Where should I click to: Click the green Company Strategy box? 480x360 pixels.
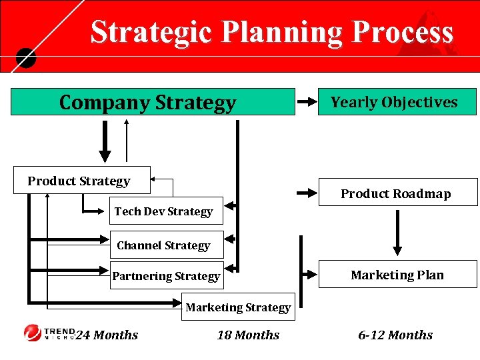pos(152,102)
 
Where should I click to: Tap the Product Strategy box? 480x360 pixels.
pos(81,180)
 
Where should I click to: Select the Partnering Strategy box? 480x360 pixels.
pos(167,275)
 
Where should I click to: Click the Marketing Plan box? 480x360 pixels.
pos(397,275)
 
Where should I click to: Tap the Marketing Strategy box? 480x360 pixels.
pos(238,307)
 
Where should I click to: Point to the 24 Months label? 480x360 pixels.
pos(107,335)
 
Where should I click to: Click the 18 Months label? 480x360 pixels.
pos(248,335)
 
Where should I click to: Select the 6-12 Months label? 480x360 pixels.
pos(395,335)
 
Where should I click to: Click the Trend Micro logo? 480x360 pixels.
pos(47,333)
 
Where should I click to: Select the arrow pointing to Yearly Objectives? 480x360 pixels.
pos(307,102)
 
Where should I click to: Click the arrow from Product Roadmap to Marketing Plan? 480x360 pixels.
pos(398,233)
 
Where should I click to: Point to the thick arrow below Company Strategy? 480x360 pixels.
pos(105,139)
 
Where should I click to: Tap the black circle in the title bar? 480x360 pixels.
pos(25,59)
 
